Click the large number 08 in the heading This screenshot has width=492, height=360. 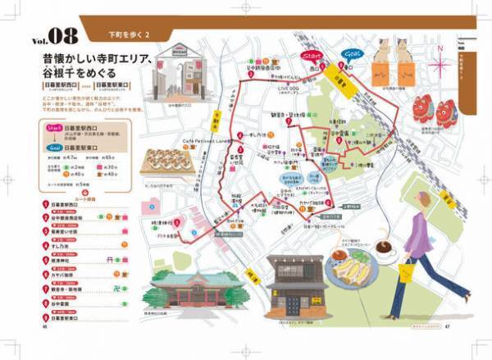[x=66, y=35]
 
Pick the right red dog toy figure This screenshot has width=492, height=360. [x=447, y=112]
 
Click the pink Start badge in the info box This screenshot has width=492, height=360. [x=54, y=129]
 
